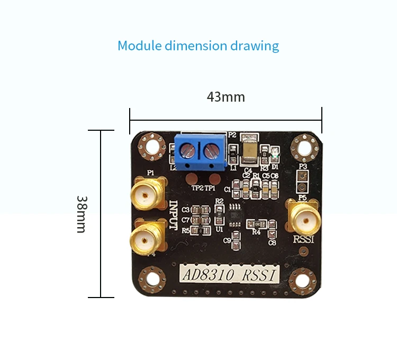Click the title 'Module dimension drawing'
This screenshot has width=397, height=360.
pyautogui.click(x=198, y=46)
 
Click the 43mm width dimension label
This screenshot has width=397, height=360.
pyautogui.click(x=225, y=97)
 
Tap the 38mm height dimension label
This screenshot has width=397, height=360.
pyautogui.click(x=82, y=214)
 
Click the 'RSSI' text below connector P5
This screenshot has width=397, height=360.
pyautogui.click(x=303, y=239)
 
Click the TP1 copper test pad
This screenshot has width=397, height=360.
pyautogui.click(x=211, y=179)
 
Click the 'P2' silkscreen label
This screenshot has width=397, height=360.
pyautogui.click(x=232, y=135)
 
